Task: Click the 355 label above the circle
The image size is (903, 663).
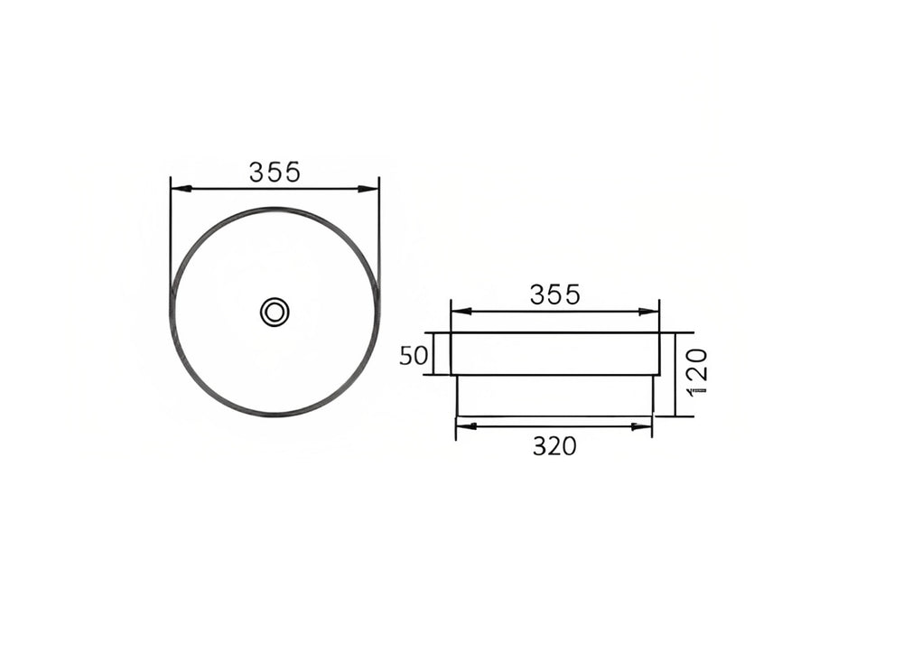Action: (x=275, y=172)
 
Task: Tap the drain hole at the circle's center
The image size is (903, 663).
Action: (x=275, y=312)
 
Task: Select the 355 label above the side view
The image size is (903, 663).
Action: (x=555, y=295)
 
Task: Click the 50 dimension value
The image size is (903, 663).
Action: (x=414, y=356)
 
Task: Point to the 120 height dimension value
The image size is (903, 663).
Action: (x=697, y=371)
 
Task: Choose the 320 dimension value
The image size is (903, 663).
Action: (x=554, y=446)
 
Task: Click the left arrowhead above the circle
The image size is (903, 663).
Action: (x=181, y=189)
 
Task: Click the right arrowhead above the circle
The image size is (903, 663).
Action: (x=368, y=189)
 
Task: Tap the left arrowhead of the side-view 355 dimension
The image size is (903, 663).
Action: (x=461, y=311)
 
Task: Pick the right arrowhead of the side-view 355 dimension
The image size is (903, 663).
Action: (x=648, y=311)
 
